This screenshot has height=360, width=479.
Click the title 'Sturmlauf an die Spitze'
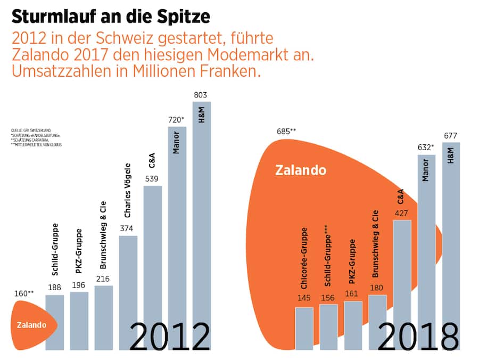point(111,17)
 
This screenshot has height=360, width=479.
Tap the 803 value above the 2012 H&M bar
point(202,94)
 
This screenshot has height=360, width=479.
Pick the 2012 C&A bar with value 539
point(153,266)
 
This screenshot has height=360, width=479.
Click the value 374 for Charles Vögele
point(128,229)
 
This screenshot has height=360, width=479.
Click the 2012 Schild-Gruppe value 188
point(55,288)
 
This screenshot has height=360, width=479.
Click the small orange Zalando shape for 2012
point(32,325)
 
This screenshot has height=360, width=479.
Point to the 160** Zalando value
point(24,293)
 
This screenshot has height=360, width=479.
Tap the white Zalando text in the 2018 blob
point(301,170)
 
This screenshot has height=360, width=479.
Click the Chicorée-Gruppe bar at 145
point(304,328)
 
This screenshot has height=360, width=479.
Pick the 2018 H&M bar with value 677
point(451,245)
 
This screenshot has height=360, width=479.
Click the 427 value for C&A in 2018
point(402,213)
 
